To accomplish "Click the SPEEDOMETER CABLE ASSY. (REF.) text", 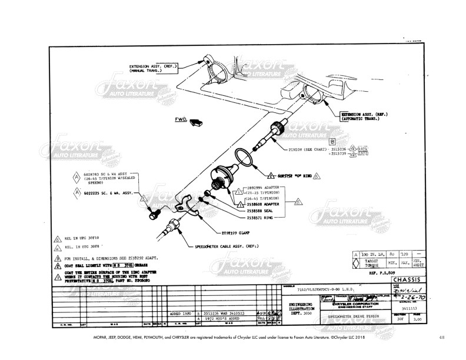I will coord(228,246).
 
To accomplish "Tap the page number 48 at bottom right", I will coord(442,337).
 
